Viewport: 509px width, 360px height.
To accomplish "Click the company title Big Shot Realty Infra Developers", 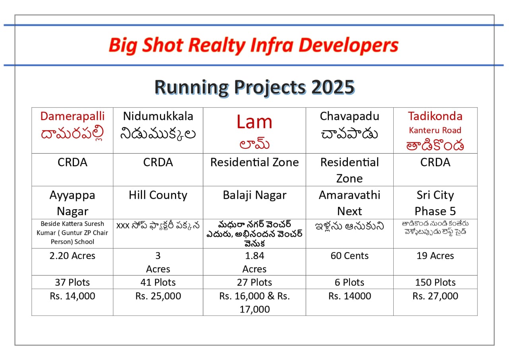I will pyautogui.click(x=253, y=45).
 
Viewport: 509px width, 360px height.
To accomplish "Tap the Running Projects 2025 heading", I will pyautogui.click(x=254, y=87).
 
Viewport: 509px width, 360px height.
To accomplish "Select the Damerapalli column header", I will pyautogui.click(x=72, y=116).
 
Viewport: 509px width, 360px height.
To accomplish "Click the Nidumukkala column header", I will pyautogui.click(x=158, y=116).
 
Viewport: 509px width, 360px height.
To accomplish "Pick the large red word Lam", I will pyautogui.click(x=254, y=121).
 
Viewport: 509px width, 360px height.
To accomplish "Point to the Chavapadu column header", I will pyautogui.click(x=350, y=116).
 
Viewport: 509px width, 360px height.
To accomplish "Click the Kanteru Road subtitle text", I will pyautogui.click(x=435, y=130).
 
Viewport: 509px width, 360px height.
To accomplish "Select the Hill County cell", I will pyautogui.click(x=158, y=195).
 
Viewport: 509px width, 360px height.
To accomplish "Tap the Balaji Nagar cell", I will pyautogui.click(x=254, y=195).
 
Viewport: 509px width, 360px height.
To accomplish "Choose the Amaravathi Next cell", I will pyautogui.click(x=350, y=203).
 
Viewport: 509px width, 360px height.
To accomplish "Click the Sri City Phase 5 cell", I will pyautogui.click(x=435, y=203).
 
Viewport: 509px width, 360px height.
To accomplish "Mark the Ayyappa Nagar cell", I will pyautogui.click(x=72, y=203).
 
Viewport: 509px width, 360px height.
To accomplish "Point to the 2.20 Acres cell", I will pyautogui.click(x=72, y=256).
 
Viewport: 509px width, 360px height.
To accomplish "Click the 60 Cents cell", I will pyautogui.click(x=350, y=256).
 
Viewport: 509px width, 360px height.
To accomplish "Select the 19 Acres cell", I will pyautogui.click(x=435, y=256).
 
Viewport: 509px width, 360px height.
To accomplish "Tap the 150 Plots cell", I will pyautogui.click(x=435, y=282).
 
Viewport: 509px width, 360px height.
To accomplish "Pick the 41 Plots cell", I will pyautogui.click(x=158, y=282).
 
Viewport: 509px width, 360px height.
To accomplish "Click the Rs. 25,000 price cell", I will pyautogui.click(x=158, y=296).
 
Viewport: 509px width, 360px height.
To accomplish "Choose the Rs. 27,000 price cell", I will pyautogui.click(x=435, y=296).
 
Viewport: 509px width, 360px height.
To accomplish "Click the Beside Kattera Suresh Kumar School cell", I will pyautogui.click(x=72, y=233).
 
